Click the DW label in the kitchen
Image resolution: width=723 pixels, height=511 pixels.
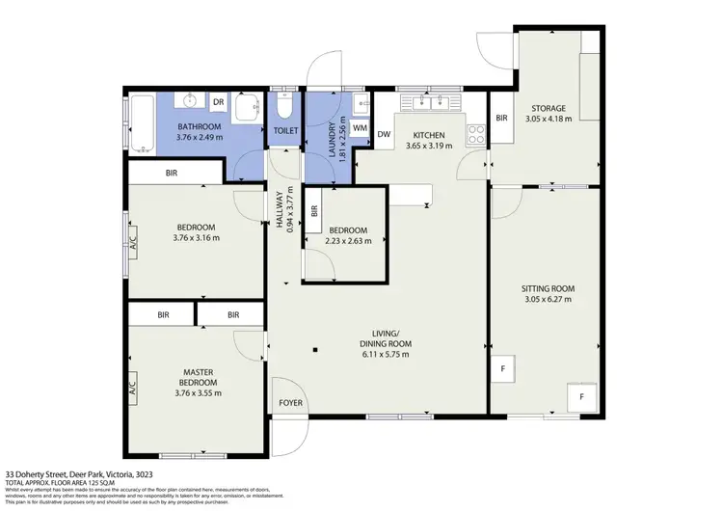coord(383,135)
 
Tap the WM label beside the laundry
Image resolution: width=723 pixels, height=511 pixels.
coord(359,128)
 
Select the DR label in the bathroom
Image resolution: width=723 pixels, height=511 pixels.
coord(218,101)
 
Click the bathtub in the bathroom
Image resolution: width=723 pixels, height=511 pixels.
coord(142,124)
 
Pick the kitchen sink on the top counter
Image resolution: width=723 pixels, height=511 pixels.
coord(427,102)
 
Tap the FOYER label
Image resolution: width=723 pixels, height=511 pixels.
coord(289,403)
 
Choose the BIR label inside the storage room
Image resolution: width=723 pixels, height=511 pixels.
coord(501,118)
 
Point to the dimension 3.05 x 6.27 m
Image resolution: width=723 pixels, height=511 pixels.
coord(548,300)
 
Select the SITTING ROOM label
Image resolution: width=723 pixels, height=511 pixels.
coord(548,288)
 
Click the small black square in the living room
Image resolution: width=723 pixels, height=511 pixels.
coord(314,349)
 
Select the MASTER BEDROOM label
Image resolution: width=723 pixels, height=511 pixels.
coord(197,376)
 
